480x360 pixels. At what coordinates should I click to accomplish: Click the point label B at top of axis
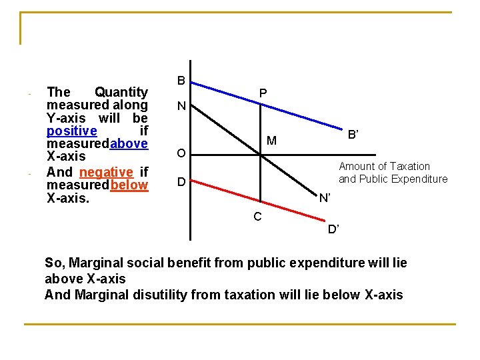tap(181, 81)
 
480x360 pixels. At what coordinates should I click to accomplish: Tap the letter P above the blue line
tap(263, 95)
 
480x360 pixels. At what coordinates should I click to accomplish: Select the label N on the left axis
tap(181, 107)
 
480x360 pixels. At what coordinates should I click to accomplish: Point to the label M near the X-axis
tap(271, 141)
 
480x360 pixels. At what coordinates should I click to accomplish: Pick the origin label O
tap(181, 155)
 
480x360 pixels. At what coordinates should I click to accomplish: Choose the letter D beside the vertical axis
tap(181, 182)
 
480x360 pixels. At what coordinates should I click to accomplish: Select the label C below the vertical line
tap(257, 216)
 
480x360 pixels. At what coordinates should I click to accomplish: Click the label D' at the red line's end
tap(333, 230)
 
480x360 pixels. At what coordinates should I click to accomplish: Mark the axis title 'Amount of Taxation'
tap(384, 167)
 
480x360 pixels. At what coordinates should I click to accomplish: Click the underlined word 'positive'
tap(71, 131)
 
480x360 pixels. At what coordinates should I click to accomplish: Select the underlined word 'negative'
tap(106, 172)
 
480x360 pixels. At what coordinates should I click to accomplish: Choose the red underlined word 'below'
tap(129, 185)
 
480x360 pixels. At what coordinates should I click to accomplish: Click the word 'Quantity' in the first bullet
tap(121, 92)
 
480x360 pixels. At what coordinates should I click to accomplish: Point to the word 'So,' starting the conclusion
tap(55, 263)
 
